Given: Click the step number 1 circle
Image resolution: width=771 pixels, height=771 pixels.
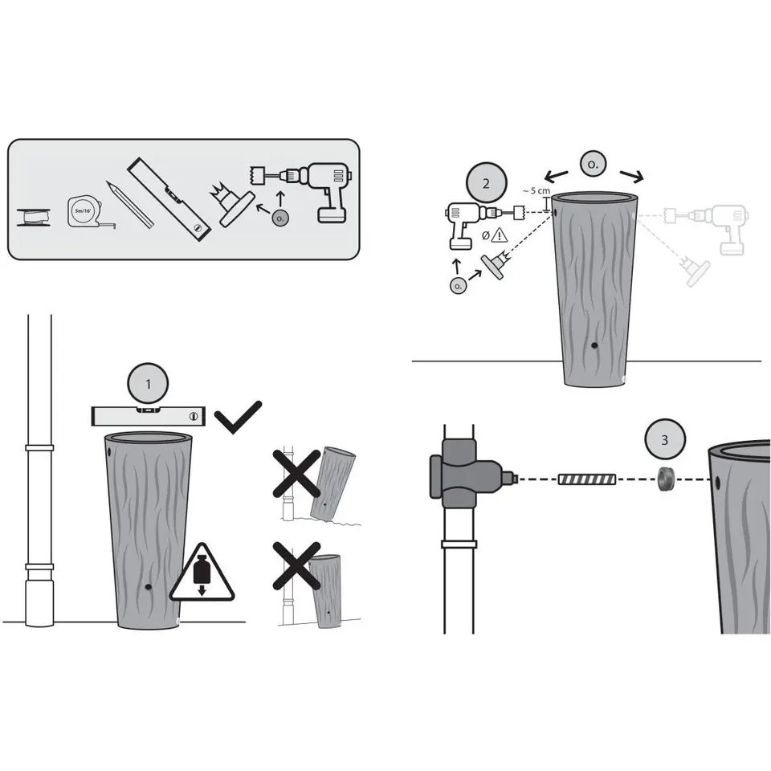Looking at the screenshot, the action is (148, 384).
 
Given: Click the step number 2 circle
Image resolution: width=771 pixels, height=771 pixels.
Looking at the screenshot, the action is (486, 183).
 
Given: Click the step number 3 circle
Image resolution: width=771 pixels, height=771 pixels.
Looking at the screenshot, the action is (665, 439).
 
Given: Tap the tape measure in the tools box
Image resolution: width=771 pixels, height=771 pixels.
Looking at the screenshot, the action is (88, 212).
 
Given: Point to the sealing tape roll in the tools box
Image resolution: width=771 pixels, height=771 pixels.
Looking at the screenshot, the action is (34, 217).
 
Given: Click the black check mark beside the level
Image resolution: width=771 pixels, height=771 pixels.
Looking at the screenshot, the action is (238, 417).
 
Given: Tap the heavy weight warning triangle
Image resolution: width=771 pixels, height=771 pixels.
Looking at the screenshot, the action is (202, 573).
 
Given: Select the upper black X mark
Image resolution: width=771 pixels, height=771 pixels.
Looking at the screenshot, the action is (296, 473).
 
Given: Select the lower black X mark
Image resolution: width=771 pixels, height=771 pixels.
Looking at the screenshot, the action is (296, 565).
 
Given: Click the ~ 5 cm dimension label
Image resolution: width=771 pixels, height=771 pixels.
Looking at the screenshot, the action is (536, 191).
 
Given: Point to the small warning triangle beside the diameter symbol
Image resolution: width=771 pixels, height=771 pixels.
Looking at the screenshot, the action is (500, 235).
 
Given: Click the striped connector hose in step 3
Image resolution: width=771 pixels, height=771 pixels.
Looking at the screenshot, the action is (587, 479).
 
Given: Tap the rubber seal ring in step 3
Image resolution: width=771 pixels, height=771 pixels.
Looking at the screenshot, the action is (666, 479).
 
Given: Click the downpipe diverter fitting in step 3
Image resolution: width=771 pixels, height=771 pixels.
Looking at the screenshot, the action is (465, 475).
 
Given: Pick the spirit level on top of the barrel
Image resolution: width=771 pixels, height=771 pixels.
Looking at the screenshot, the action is (149, 416).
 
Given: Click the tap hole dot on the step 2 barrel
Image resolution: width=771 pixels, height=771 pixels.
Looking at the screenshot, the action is (594, 345).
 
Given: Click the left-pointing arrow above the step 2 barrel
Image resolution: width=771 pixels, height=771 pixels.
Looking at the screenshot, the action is (556, 176).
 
